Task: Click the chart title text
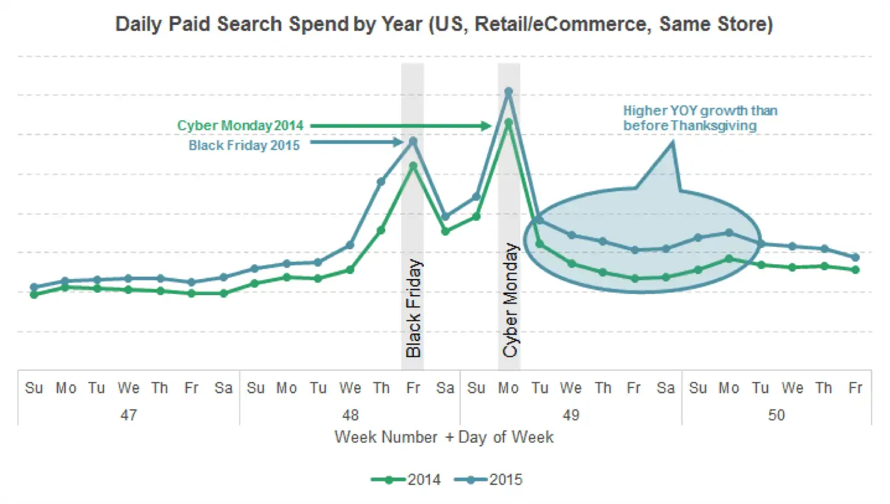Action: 444,24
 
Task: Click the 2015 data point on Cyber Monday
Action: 508,92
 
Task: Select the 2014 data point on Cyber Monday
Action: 508,123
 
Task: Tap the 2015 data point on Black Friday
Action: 413,142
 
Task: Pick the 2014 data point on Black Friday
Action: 413,166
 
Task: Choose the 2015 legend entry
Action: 489,480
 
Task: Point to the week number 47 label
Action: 128,415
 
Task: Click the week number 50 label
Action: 776,415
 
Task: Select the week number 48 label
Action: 350,415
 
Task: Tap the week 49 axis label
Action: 571,415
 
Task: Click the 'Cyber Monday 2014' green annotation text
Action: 240,126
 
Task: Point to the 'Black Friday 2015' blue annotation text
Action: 244,146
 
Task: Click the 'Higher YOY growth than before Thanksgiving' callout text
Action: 699,118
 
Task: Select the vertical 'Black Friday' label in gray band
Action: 413,308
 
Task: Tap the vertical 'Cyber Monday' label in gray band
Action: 510,300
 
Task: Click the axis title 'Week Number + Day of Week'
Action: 444,437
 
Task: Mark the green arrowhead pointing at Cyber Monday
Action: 486,126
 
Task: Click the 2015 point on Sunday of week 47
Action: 34,287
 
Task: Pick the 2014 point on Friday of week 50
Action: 856,270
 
